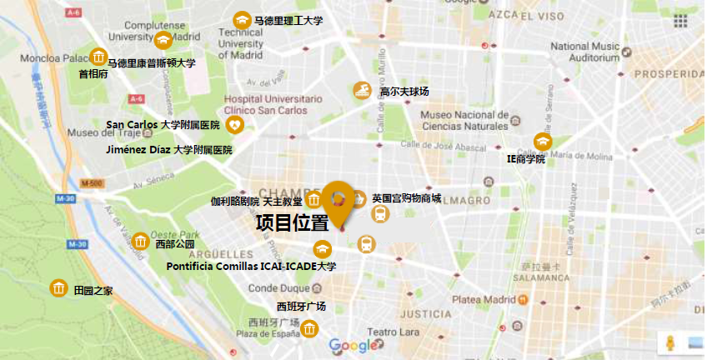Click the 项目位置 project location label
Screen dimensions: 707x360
tap(291, 222)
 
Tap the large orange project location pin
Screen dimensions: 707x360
tap(339, 201)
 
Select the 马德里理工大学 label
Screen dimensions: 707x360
tap(288, 20)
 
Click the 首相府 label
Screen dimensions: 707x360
tap(93, 74)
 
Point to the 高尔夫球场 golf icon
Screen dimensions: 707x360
tap(362, 90)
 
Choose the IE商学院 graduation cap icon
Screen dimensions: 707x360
tap(543, 142)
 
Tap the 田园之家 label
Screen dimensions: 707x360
tap(93, 291)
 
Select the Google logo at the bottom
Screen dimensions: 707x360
tap(353, 346)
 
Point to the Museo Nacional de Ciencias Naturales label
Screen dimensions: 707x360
tap(464, 120)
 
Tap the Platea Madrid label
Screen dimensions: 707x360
tap(484, 299)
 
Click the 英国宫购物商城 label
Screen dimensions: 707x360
tap(407, 197)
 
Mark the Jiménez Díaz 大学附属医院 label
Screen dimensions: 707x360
tap(169, 150)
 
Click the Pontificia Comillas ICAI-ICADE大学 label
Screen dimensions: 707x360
tap(251, 267)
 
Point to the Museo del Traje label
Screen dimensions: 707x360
tap(96, 132)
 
